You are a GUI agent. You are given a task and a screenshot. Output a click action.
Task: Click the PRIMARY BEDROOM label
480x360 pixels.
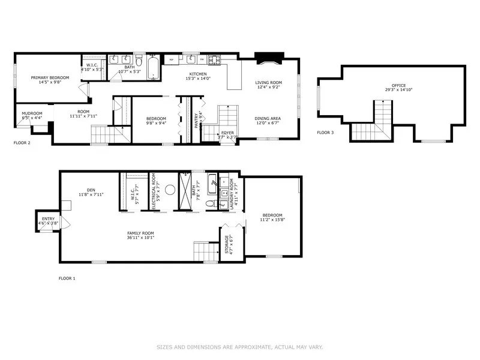50,78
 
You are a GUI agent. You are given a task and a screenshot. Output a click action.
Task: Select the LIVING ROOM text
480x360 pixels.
268,83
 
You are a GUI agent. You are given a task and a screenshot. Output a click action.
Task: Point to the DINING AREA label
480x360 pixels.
268,118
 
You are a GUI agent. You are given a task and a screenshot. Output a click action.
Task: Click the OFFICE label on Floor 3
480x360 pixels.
399,85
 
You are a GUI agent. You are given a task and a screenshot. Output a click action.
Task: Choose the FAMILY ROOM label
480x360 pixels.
140,233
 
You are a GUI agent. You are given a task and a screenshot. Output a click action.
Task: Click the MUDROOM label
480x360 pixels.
32,113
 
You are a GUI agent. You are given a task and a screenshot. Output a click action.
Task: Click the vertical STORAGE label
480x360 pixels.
227,246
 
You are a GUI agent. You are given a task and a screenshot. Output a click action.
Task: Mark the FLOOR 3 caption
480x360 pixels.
325,133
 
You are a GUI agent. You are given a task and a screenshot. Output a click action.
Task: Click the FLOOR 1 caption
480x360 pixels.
67,278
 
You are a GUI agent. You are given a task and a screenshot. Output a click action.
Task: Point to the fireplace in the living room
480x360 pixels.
268,59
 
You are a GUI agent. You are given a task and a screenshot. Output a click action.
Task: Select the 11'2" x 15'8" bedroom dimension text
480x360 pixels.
271,220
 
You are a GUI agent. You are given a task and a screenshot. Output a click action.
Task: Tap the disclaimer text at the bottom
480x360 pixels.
239,347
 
